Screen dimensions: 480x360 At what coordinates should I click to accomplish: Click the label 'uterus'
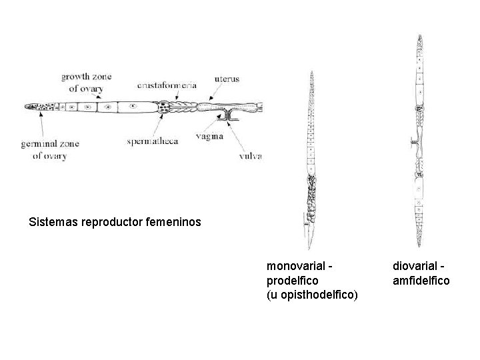point(227,79)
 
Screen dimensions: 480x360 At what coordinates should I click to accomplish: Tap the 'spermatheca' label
point(152,141)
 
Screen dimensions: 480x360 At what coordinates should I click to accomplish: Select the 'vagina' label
point(210,136)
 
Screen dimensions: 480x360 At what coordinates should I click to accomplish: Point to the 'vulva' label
point(251,157)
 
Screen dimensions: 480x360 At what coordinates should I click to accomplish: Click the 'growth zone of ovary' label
point(87,81)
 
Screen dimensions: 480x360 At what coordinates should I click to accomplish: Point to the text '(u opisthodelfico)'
point(311,294)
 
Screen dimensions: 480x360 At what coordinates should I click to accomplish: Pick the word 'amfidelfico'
point(421,281)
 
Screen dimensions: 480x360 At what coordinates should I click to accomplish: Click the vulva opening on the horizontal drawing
point(228,119)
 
